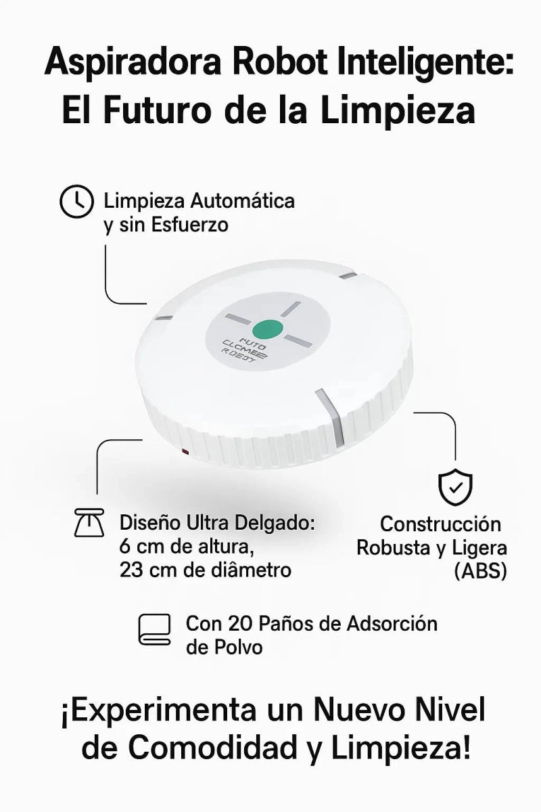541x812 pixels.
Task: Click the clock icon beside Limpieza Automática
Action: coord(76,202)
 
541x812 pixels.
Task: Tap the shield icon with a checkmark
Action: coord(456,487)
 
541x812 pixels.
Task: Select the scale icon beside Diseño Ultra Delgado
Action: coord(89,524)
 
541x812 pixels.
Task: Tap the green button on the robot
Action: coord(272,330)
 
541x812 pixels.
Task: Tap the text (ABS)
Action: coord(480,570)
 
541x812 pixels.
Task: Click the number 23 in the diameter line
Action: coord(131,570)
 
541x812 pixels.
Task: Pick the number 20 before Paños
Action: coord(241,623)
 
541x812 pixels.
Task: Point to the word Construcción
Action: coord(440,524)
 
